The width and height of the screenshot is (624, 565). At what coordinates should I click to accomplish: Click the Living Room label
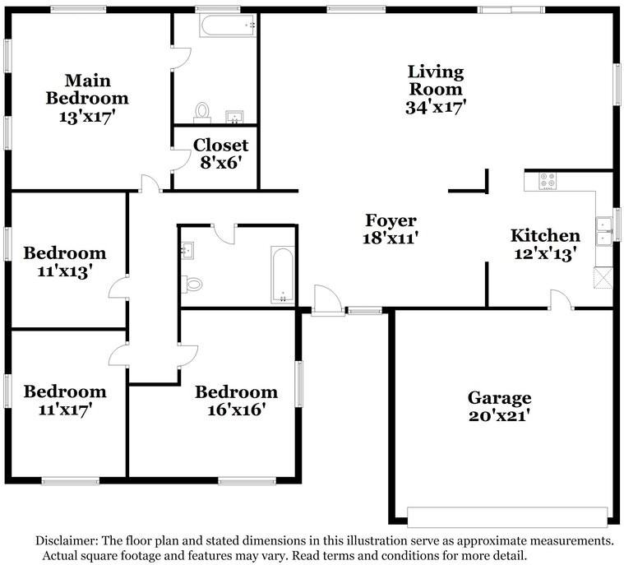436,81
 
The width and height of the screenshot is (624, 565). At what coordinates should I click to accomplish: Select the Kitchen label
545,236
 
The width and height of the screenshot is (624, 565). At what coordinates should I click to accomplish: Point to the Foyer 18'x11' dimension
391,239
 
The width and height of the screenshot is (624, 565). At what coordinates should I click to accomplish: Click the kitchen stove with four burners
548,180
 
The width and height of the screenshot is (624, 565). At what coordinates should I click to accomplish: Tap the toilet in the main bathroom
202,111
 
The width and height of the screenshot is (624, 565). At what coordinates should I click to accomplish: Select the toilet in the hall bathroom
193,285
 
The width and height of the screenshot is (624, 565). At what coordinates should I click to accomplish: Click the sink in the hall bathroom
187,248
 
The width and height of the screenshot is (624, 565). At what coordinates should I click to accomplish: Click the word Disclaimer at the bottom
66,540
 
